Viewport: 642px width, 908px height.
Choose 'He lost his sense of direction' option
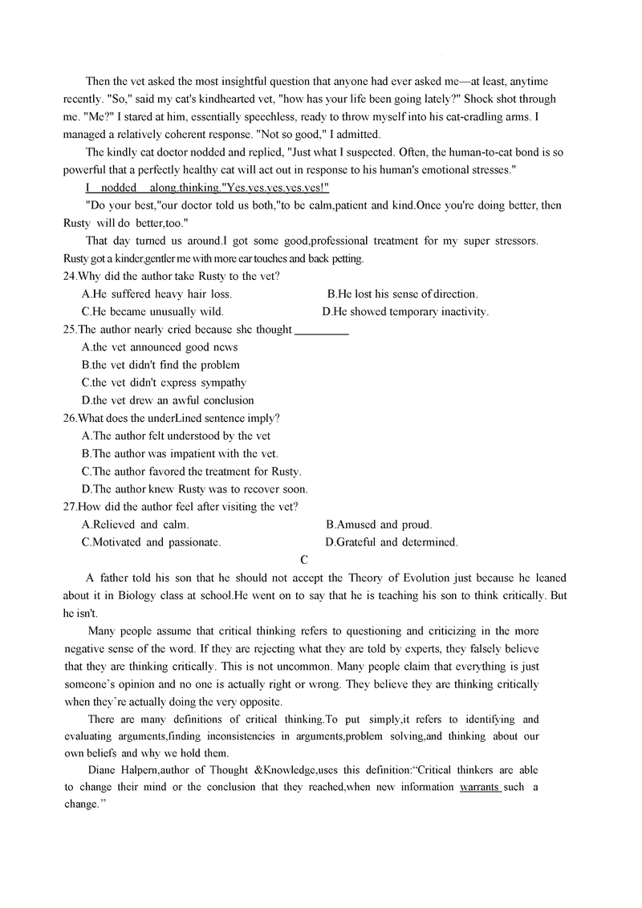point(402,294)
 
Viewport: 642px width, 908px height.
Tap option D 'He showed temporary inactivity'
point(405,312)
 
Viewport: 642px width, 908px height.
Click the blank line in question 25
point(322,330)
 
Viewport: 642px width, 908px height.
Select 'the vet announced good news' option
point(160,347)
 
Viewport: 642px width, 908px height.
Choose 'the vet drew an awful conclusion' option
point(168,400)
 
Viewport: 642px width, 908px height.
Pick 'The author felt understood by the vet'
point(176,436)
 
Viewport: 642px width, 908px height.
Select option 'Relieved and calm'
point(136,525)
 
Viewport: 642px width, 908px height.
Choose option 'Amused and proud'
point(379,525)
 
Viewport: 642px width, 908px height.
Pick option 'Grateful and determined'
point(392,542)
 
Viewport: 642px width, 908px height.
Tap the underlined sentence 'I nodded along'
point(207,188)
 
